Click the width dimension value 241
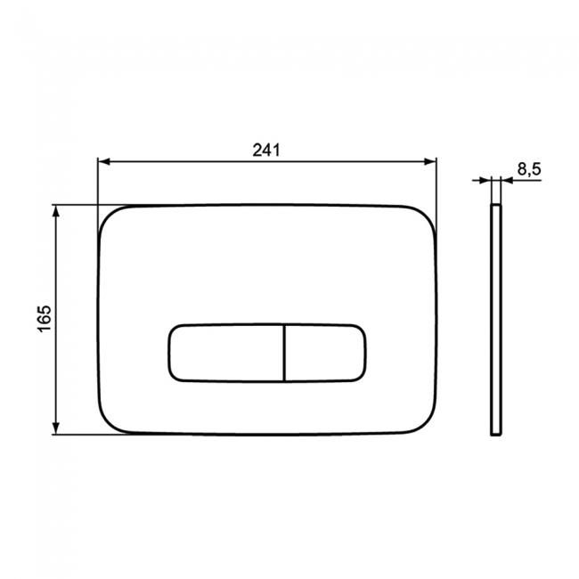[266, 151]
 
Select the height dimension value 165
[45, 319]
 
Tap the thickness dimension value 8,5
[529, 169]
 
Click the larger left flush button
[224, 352]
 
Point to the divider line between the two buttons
[284, 352]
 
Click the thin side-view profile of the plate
[495, 321]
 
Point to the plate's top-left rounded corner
[107, 216]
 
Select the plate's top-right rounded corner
[427, 216]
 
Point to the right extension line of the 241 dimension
[436, 192]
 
